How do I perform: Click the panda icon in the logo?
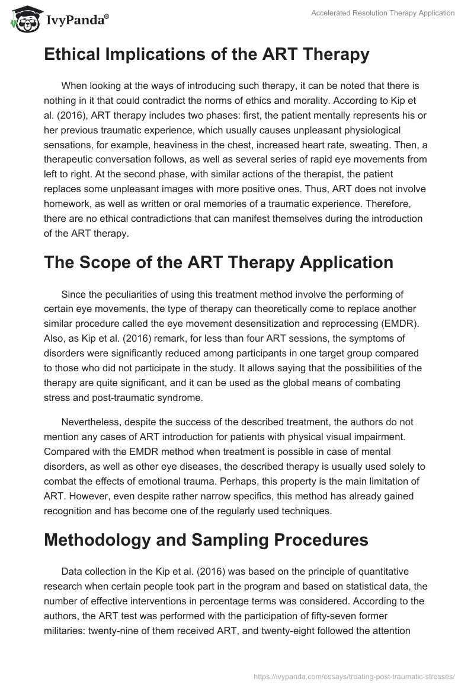(x=22, y=20)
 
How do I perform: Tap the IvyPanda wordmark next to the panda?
(x=76, y=21)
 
